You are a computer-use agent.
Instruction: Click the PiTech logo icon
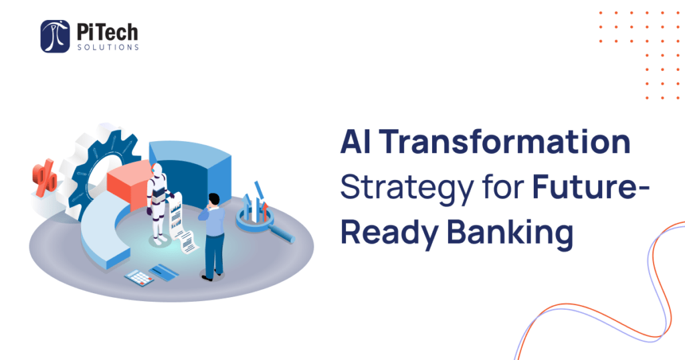tap(55, 36)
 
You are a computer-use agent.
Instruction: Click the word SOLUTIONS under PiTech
tap(108, 48)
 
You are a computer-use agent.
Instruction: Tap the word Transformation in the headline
tap(504, 142)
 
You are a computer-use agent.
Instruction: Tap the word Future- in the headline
tap(591, 187)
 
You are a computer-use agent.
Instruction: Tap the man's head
tap(214, 199)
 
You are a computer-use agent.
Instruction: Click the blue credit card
tap(164, 272)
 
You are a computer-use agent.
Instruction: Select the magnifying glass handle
tap(282, 234)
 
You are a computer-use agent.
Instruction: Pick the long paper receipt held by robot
tap(181, 223)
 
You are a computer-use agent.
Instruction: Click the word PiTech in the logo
tap(108, 32)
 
